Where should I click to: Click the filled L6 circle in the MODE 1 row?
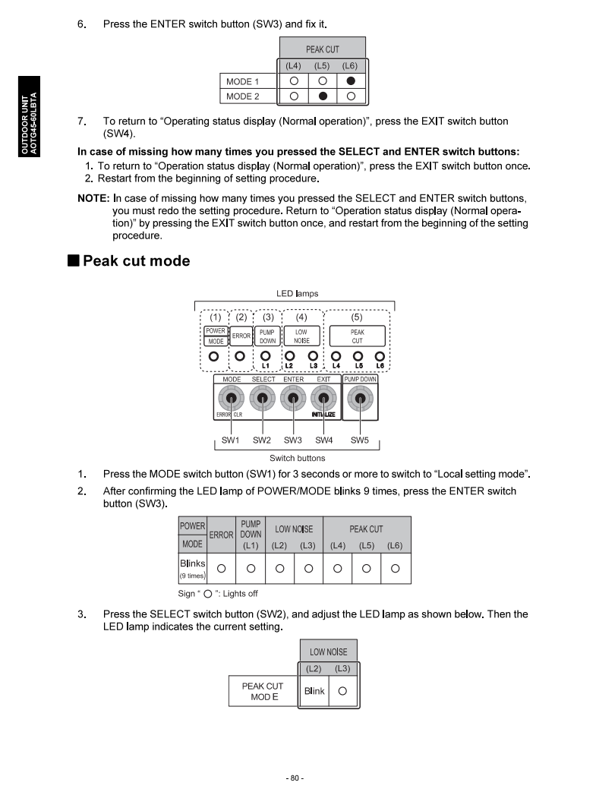point(351,81)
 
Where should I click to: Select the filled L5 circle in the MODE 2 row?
point(323,96)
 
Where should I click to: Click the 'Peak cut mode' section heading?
point(136,261)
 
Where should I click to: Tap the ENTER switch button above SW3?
point(293,399)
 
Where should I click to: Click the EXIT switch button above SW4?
point(324,399)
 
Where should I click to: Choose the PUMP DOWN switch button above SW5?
point(360,399)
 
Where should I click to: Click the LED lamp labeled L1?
point(266,355)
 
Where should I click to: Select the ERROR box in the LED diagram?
point(241,336)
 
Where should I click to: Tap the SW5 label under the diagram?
point(360,440)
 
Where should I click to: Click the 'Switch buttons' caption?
point(297,458)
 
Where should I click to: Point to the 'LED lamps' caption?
point(297,293)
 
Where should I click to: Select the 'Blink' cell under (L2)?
point(314,691)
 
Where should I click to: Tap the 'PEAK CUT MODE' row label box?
point(263,691)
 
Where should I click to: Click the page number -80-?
point(295,778)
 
